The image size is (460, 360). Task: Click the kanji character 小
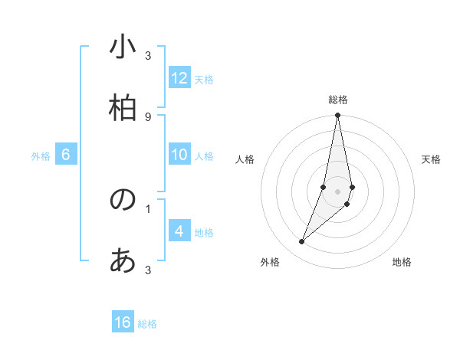pos(123,47)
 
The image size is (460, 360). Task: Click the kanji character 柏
pos(123,108)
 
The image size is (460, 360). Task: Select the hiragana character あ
pos(123,261)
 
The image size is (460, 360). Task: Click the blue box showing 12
pos(179,78)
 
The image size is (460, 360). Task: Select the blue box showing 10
pos(179,155)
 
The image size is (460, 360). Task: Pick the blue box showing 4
pos(179,231)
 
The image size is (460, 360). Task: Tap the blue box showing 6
pos(66,155)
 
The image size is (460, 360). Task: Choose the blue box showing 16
pos(123,322)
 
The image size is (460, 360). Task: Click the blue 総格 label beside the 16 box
pos(147,324)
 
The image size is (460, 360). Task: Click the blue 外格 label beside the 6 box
pos(41,156)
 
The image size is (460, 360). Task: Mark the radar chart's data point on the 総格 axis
pos(337,116)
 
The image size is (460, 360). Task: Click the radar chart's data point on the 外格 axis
pos(301,242)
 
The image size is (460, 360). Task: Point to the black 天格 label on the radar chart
pos(432,159)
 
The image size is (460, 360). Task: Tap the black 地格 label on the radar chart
pos(402,263)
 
